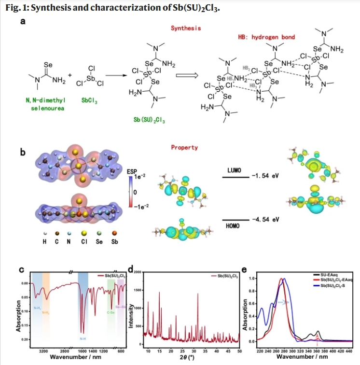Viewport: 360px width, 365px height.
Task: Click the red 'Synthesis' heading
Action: coord(186,28)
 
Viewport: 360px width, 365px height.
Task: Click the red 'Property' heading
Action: coord(184,147)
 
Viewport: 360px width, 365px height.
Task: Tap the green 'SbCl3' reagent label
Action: coord(88,101)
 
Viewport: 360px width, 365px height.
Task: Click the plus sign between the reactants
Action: coord(70,75)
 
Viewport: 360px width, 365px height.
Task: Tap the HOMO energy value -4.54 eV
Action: coord(266,220)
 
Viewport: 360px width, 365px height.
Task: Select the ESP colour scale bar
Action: coord(130,192)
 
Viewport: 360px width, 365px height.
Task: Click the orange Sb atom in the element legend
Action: coord(114,233)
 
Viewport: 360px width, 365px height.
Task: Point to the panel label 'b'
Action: coord(22,153)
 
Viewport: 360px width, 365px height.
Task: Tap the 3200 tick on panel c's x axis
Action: coord(43,351)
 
